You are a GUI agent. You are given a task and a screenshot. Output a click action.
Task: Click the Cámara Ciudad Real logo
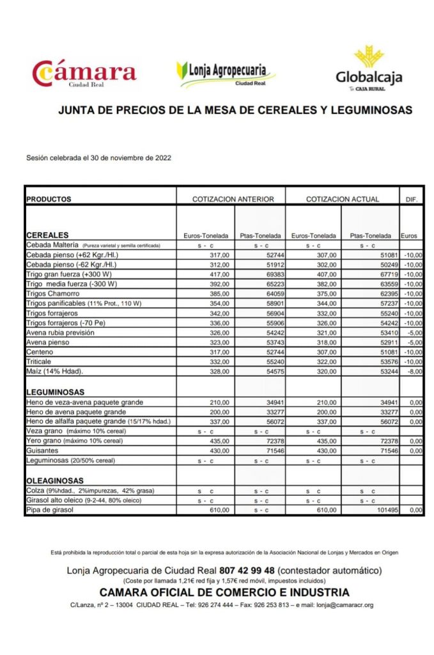tap(85, 72)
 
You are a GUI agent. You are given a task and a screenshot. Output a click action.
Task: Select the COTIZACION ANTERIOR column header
tap(233, 199)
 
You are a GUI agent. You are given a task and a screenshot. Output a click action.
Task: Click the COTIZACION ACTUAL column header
tap(342, 199)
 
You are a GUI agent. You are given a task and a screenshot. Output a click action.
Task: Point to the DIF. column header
tap(412, 200)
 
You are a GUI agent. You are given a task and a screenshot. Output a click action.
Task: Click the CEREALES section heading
tap(47, 235)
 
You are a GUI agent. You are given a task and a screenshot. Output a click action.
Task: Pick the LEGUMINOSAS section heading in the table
tap(56, 391)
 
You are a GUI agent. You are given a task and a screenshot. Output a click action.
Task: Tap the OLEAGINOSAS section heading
tap(56, 480)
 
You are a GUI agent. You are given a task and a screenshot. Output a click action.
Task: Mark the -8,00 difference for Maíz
tap(414, 371)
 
